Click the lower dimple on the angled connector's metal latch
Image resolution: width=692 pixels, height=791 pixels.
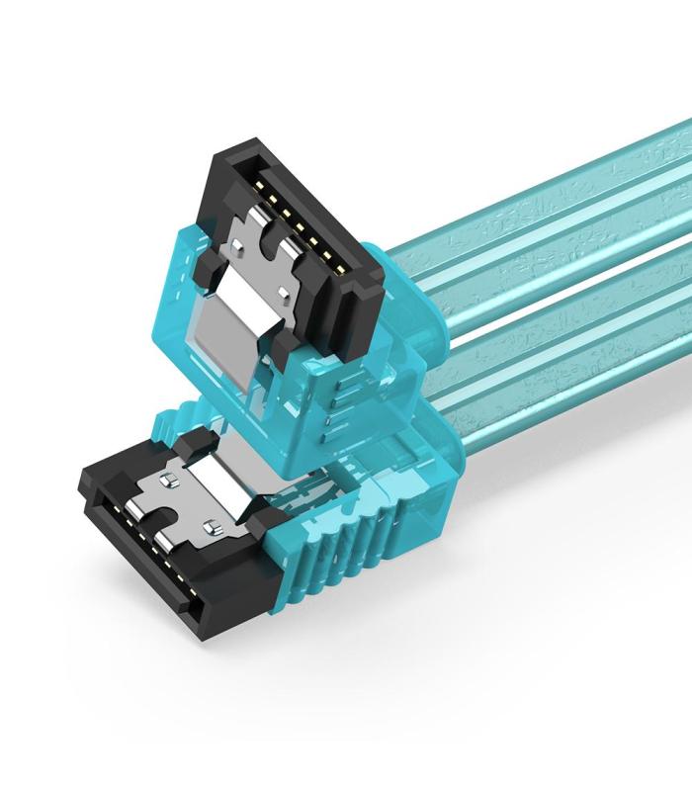point(284,293)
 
